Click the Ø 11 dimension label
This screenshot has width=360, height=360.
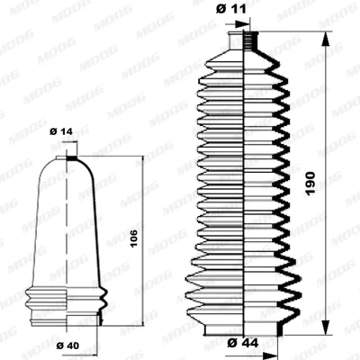tap(230, 9)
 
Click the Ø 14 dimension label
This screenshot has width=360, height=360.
tap(61, 131)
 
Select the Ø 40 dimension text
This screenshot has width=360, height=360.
tap(67, 346)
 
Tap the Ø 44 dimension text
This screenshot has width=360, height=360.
tap(243, 343)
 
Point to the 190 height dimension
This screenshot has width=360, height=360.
tap(310, 184)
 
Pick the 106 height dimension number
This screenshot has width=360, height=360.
tap(134, 238)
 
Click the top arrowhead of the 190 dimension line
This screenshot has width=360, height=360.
tap(325, 39)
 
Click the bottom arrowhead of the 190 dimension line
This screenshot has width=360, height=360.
tap(325, 328)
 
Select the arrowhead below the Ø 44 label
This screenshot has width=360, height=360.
tap(270, 355)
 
